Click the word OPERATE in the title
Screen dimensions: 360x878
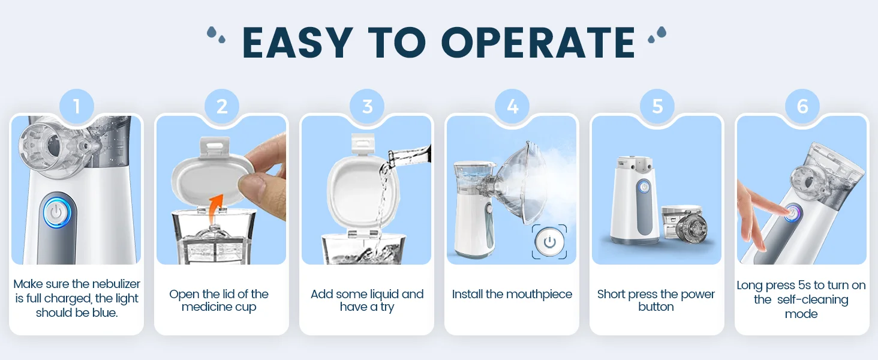[538, 43]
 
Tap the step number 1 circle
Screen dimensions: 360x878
[76, 107]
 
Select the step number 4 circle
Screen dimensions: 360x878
[512, 107]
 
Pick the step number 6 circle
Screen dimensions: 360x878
[802, 107]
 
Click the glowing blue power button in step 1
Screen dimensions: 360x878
[56, 213]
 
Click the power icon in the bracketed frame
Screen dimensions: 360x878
[549, 242]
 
